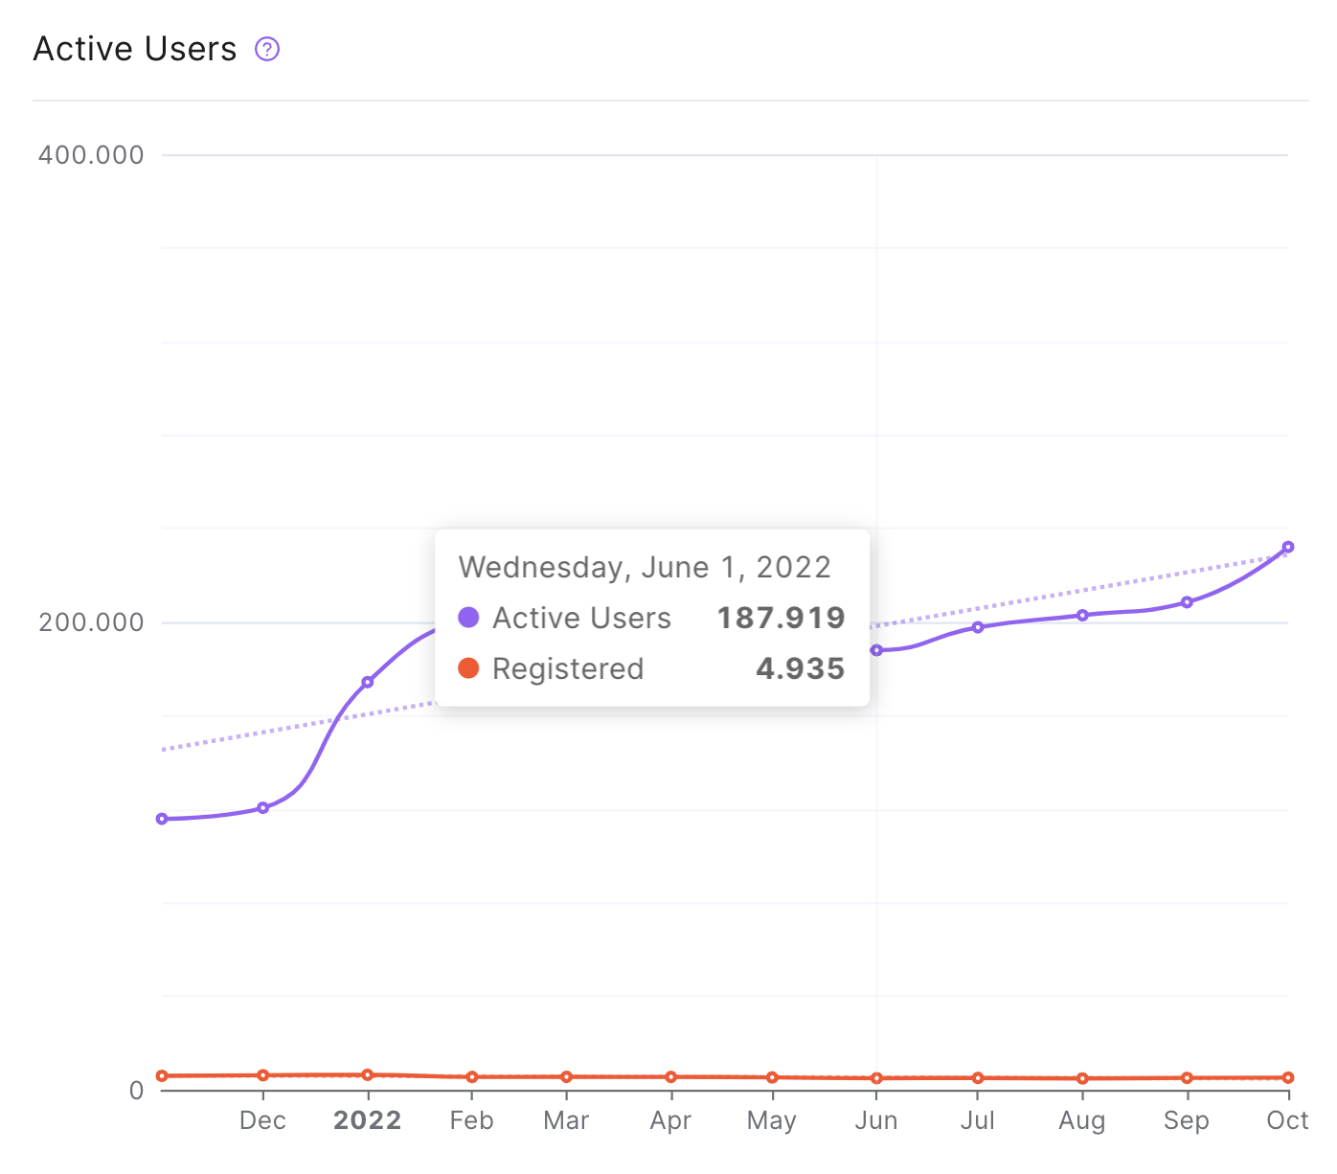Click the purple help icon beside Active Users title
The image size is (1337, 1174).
point(266,49)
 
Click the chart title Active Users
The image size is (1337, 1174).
point(135,49)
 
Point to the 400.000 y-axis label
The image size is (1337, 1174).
point(91,155)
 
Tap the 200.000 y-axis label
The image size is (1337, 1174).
point(91,621)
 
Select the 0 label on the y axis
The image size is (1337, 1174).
point(137,1090)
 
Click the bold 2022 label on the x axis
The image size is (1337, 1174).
point(367,1120)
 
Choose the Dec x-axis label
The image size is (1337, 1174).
point(262,1120)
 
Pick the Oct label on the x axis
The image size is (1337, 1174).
point(1287,1120)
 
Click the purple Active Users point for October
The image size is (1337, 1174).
point(1287,547)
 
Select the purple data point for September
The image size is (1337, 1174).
point(1187,602)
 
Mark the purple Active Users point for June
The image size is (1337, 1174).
point(876,650)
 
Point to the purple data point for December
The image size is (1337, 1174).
point(262,808)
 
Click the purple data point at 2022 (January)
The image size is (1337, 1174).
point(368,682)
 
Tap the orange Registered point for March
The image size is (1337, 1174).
point(566,1076)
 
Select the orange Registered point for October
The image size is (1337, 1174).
point(1287,1077)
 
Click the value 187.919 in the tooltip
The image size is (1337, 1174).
point(781,618)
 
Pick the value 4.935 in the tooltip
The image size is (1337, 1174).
point(800,668)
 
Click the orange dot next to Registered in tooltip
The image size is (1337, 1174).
point(468,667)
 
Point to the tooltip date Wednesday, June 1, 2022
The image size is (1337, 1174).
point(645,568)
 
